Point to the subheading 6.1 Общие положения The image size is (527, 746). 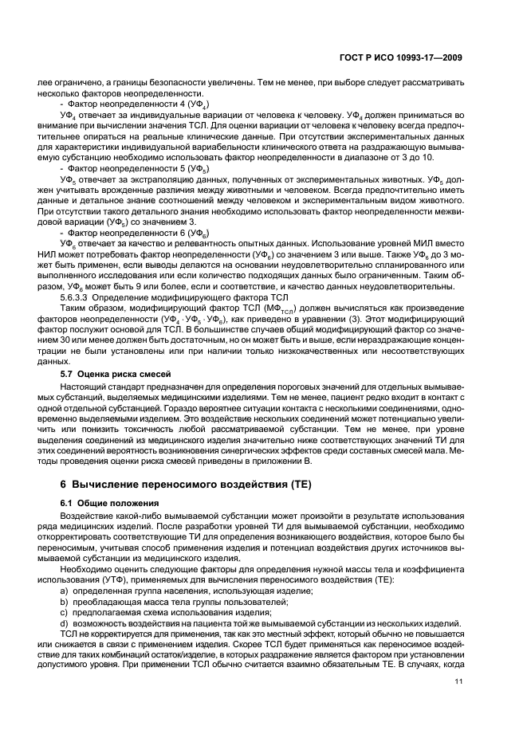[106, 504]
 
